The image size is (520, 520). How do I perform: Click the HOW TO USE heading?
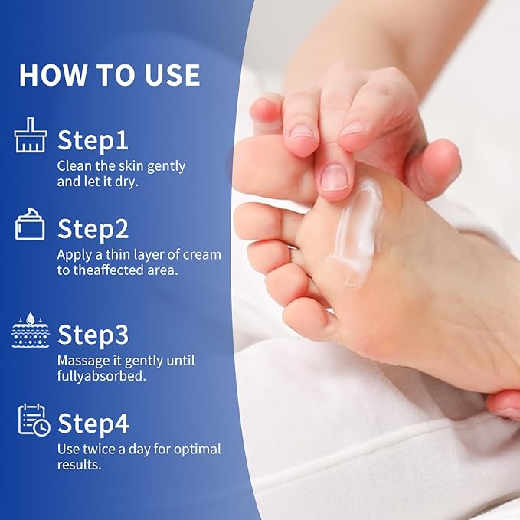tap(110, 75)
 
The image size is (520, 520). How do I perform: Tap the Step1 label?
tap(93, 140)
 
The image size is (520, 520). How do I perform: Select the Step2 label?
tap(93, 229)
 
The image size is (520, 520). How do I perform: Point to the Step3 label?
tap(93, 335)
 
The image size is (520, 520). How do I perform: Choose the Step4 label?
tap(93, 424)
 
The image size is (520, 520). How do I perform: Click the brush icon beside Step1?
tap(31, 135)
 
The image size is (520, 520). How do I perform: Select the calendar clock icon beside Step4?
tap(34, 420)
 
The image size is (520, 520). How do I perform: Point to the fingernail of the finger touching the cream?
tap(335, 177)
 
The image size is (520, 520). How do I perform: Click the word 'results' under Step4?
tap(79, 465)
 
